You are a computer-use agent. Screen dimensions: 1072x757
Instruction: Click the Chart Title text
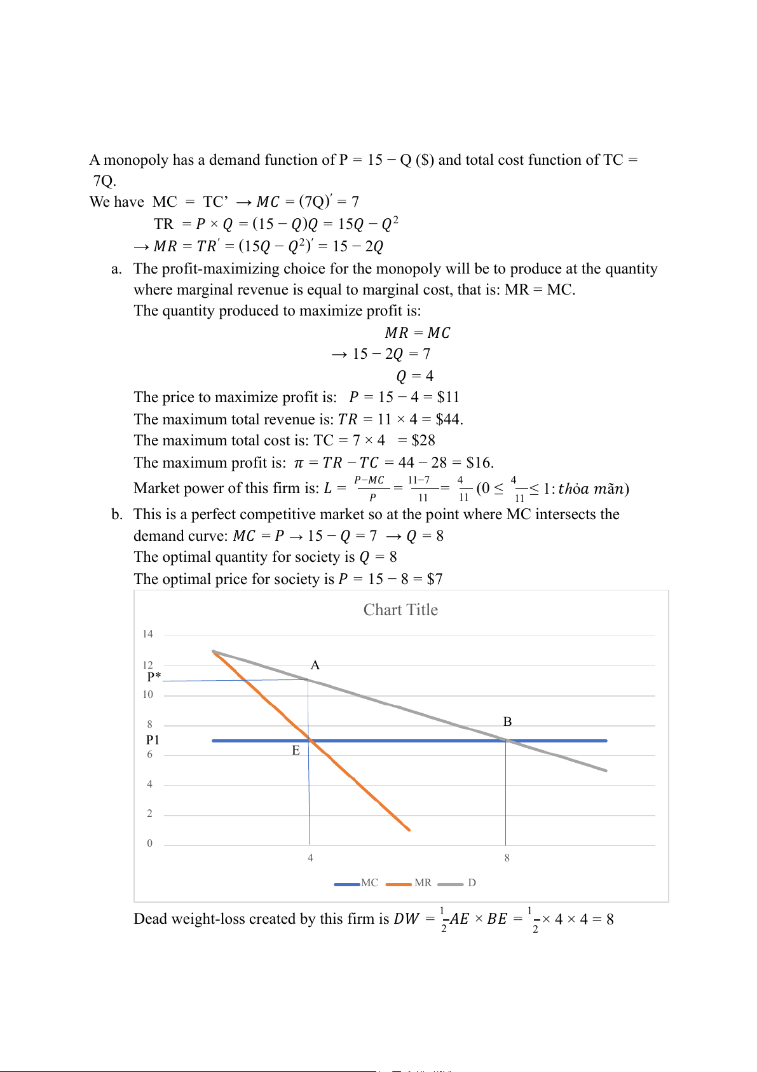pyautogui.click(x=400, y=609)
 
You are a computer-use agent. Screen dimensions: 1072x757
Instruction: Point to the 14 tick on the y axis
pyautogui.click(x=148, y=634)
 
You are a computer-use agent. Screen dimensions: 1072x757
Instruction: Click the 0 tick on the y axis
pyautogui.click(x=150, y=843)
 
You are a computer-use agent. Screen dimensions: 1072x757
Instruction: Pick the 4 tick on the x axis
pyautogui.click(x=310, y=858)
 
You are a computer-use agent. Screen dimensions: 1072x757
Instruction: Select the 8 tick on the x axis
pyautogui.click(x=507, y=858)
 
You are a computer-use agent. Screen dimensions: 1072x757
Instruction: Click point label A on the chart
pyautogui.click(x=315, y=665)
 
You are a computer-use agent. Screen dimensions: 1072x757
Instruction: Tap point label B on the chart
pyautogui.click(x=507, y=721)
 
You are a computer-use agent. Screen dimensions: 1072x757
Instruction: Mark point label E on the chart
pyautogui.click(x=296, y=750)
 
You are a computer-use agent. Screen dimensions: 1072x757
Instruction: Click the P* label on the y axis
pyautogui.click(x=154, y=677)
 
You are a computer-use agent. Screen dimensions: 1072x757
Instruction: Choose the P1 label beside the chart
pyautogui.click(x=153, y=740)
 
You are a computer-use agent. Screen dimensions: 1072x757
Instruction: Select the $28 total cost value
pyautogui.click(x=423, y=440)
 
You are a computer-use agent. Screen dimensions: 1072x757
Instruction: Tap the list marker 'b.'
pyautogui.click(x=117, y=514)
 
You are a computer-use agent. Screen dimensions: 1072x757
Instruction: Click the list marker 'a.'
pyautogui.click(x=116, y=268)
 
